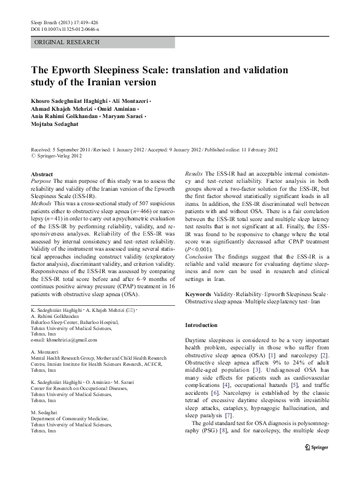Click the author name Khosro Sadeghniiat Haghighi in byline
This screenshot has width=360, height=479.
[66, 99]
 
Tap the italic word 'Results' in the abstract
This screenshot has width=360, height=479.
[194, 174]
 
